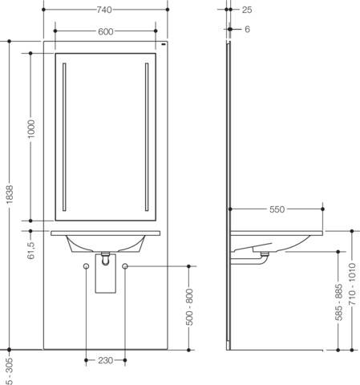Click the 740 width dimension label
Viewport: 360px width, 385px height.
tap(104, 10)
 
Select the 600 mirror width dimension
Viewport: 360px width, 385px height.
tap(106, 31)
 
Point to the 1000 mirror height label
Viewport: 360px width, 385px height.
tap(31, 129)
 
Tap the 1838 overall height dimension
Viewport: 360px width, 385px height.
tap(10, 194)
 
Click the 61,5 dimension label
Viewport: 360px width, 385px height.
tap(31, 250)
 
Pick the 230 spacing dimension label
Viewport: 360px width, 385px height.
tap(105, 360)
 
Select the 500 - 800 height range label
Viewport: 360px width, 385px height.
tap(189, 307)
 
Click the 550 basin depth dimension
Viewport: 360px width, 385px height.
tap(277, 209)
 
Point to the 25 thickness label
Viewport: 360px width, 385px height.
tap(247, 10)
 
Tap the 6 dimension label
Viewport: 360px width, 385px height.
tap(247, 29)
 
